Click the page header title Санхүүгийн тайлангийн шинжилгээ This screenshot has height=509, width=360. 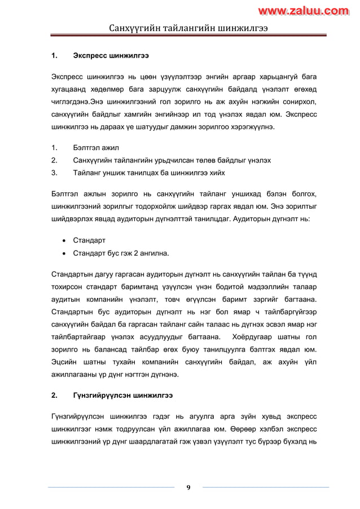click(x=188, y=28)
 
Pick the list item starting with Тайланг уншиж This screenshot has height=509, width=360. click(x=152, y=173)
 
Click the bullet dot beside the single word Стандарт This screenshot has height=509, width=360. click(x=65, y=240)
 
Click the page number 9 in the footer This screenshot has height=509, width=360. click(x=188, y=488)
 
